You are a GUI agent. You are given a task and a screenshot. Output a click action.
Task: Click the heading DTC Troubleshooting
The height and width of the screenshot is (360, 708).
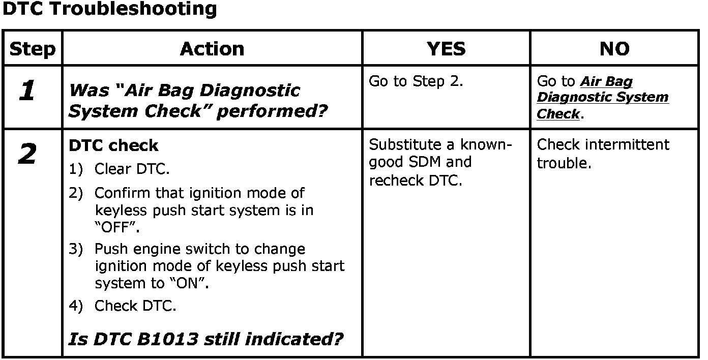click(109, 9)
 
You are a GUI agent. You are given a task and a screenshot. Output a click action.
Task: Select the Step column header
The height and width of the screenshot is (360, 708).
click(33, 49)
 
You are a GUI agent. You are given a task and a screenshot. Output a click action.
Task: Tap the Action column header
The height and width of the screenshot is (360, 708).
click(212, 49)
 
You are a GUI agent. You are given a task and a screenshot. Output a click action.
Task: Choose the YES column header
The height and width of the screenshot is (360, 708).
click(446, 49)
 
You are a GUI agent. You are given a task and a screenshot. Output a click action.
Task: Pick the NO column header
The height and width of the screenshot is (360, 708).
click(614, 49)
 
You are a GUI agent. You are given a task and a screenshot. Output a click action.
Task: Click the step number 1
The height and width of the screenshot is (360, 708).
click(26, 92)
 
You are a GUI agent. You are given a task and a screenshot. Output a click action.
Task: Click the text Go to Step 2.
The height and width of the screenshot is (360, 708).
click(416, 81)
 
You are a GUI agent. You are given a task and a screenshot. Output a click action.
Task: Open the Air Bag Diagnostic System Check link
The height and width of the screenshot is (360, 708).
click(603, 98)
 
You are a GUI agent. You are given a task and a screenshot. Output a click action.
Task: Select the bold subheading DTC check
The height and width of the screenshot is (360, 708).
click(113, 145)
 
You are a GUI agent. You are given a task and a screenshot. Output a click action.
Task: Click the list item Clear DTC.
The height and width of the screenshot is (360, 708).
click(132, 169)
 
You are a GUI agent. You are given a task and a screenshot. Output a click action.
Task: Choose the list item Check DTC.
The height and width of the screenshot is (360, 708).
click(135, 306)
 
